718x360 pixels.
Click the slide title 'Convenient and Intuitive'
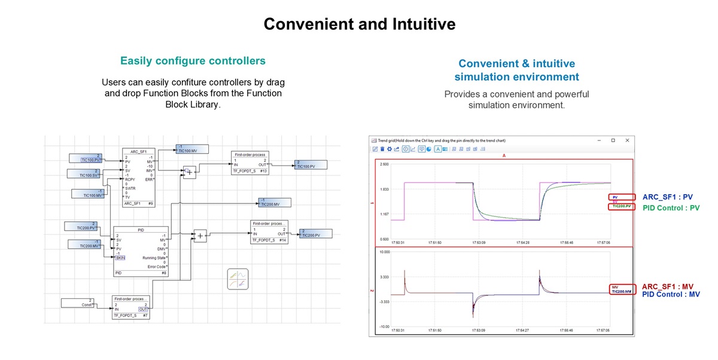359,24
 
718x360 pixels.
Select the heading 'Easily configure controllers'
193,61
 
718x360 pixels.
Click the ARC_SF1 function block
139,178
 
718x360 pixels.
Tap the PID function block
141,251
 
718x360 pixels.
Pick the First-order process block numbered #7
130,307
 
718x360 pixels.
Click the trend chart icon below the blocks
238,279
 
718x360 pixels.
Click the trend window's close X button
627,141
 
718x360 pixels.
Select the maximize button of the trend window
613,141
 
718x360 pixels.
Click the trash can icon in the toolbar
382,149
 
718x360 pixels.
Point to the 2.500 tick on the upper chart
384,164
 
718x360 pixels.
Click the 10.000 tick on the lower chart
384,252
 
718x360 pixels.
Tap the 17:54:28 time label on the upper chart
522,243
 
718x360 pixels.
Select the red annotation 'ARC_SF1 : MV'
671,287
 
